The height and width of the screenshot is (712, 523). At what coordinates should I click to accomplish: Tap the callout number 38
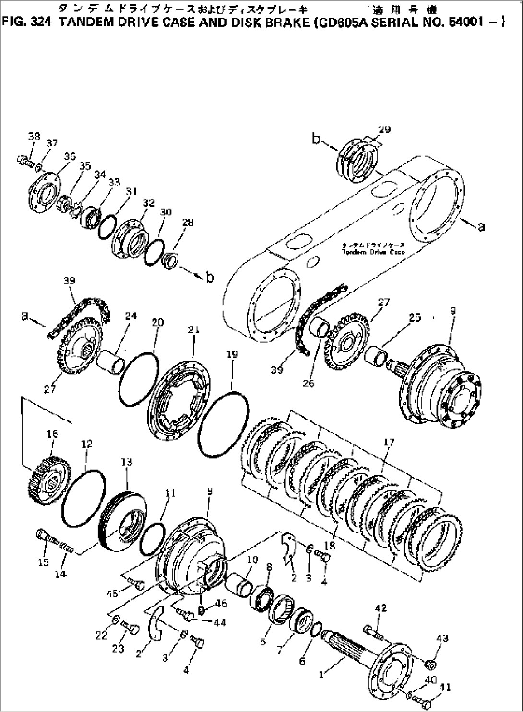pyautogui.click(x=34, y=137)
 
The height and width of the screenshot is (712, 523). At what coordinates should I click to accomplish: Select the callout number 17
pyautogui.click(x=389, y=443)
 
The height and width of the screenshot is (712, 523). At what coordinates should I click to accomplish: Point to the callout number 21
pyautogui.click(x=194, y=330)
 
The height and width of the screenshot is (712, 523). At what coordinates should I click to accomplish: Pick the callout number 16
pyautogui.click(x=52, y=433)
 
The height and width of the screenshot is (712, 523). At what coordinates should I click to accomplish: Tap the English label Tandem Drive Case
pyautogui.click(x=373, y=252)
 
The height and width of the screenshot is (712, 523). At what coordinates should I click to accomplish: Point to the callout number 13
pyautogui.click(x=126, y=462)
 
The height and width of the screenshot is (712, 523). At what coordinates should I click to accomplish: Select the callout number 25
pyautogui.click(x=414, y=317)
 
